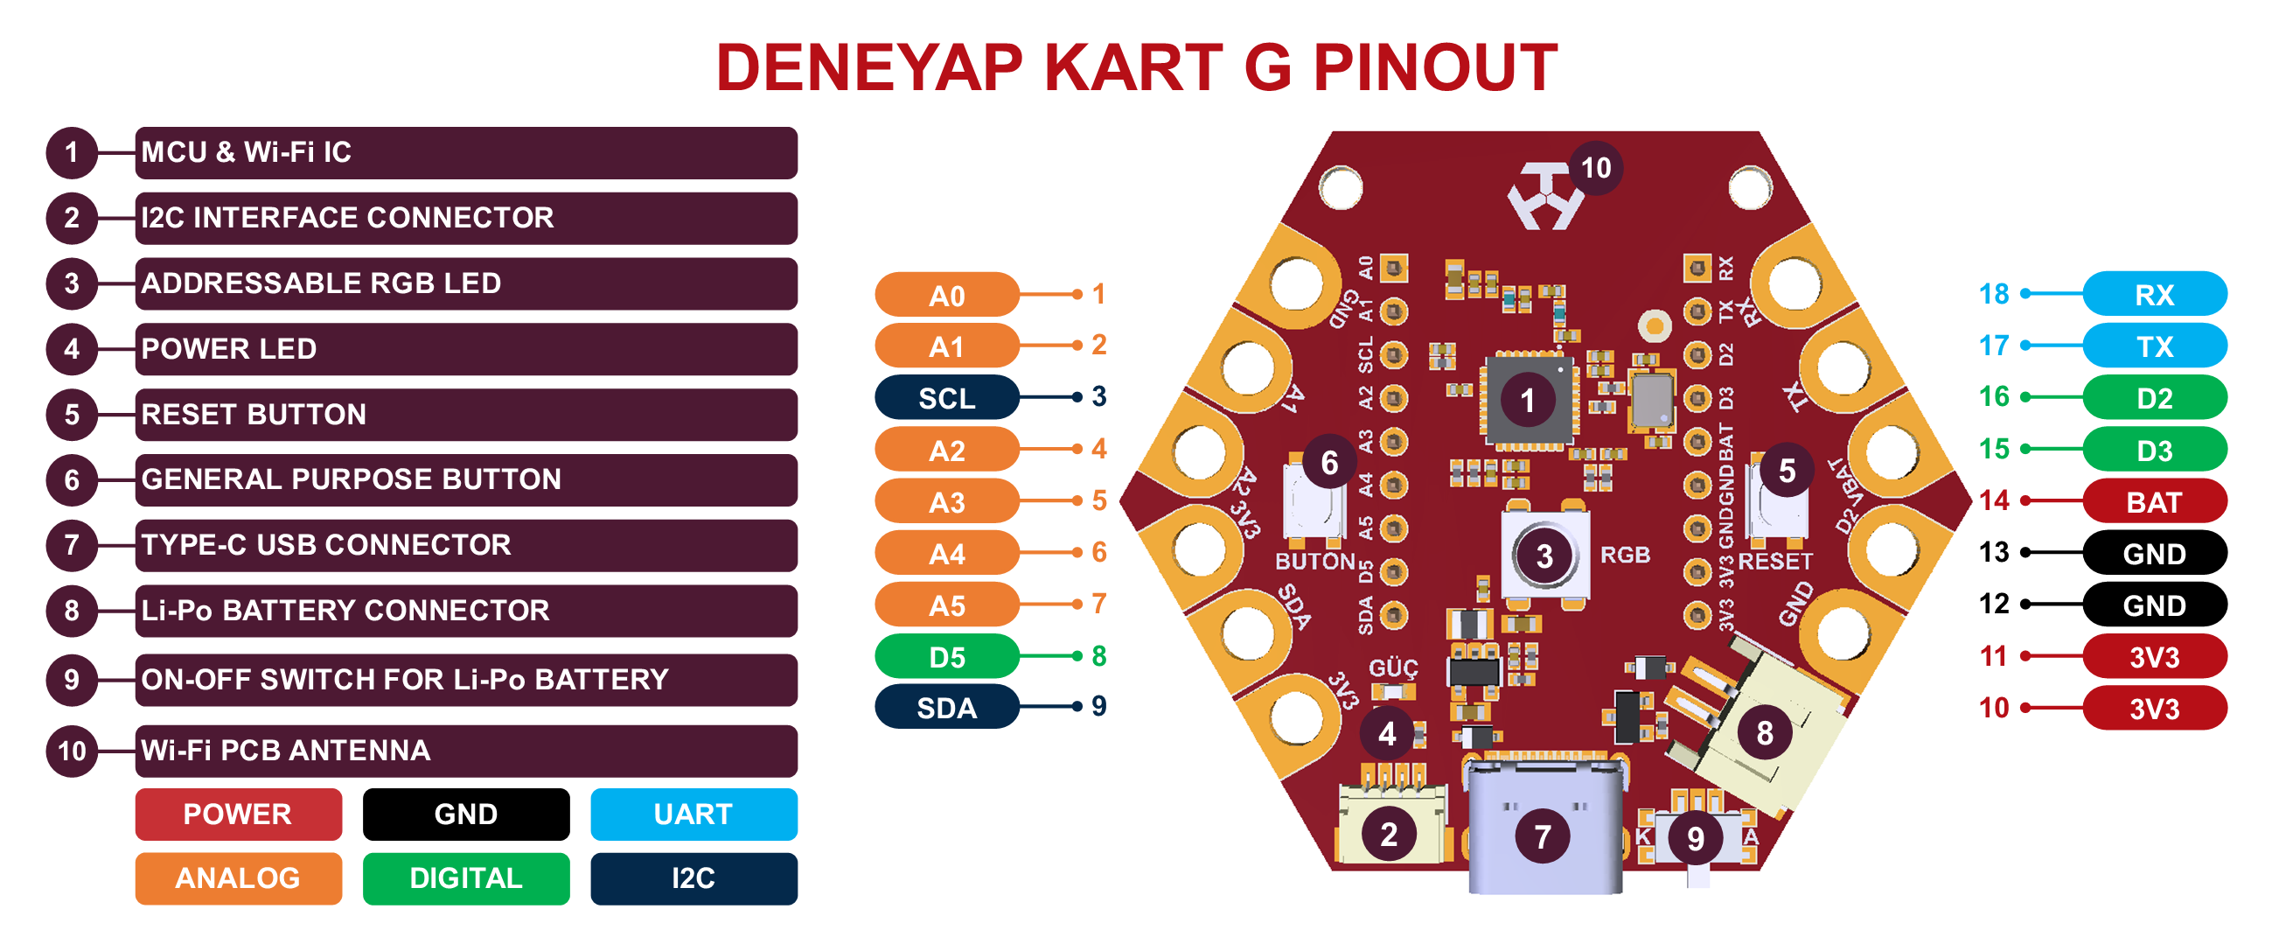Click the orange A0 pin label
pos(946,296)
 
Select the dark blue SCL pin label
pos(946,398)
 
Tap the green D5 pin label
pos(946,657)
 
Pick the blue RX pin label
pos(2154,295)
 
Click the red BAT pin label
pos(2154,502)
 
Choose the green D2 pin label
pos(2154,398)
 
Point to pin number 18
pos(1993,294)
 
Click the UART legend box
pos(693,814)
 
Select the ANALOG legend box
pos(238,878)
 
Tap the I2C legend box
pos(693,878)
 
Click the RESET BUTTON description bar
pos(466,414)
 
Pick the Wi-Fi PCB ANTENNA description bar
pos(466,750)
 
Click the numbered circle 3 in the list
pos(72,283)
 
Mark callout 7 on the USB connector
pos(1542,836)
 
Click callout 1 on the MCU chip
pos(1528,401)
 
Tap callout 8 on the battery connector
pos(1764,732)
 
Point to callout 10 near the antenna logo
pos(1595,168)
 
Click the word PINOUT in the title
pos(1434,67)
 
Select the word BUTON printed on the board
pos(1314,561)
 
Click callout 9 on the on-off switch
pos(1695,838)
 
